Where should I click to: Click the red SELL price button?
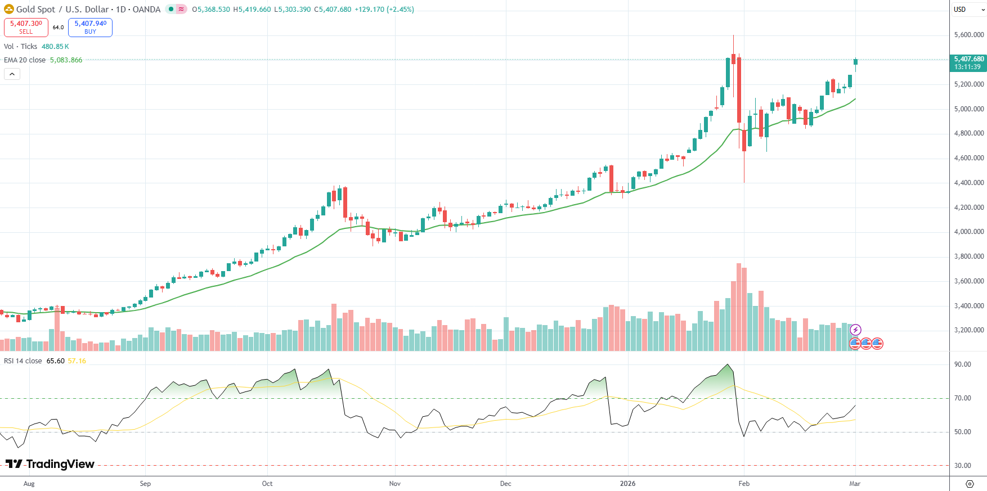(26, 27)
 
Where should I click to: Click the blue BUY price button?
(90, 27)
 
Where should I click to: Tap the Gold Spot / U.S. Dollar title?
(62, 10)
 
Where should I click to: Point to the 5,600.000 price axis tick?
(969, 35)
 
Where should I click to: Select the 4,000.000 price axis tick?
(969, 232)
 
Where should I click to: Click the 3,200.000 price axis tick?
(969, 330)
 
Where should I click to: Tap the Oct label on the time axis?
(267, 484)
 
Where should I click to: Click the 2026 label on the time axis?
(627, 484)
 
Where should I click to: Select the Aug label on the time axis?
(29, 484)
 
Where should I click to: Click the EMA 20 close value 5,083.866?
(66, 60)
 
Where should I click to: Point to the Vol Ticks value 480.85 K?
(55, 47)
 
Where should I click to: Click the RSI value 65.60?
(55, 361)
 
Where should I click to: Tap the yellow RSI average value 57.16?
(77, 361)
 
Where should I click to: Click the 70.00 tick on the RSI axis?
(963, 398)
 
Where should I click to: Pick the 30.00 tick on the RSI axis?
(963, 466)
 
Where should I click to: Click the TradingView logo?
(50, 464)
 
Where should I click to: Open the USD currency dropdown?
(967, 10)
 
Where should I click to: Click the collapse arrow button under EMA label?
(12, 74)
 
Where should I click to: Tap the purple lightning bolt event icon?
(855, 330)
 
